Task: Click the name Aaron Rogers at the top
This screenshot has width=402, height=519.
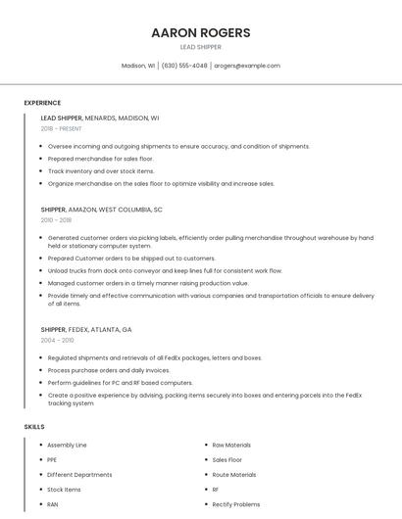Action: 200,32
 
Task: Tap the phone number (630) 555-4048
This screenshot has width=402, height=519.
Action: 184,66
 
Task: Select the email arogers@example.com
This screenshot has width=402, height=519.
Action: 247,66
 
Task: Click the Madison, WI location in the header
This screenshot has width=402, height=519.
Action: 138,66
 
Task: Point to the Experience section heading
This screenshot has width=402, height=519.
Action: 42,103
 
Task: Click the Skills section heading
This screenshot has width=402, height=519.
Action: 34,427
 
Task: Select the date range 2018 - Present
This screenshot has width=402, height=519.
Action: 62,128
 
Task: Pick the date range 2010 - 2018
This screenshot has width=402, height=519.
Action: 56,220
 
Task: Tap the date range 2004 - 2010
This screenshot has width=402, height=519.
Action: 57,340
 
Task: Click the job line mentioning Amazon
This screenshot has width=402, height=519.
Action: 102,210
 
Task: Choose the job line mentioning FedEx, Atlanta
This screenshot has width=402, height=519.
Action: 86,330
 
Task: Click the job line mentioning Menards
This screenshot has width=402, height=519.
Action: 100,118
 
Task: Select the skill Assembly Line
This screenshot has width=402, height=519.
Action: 67,445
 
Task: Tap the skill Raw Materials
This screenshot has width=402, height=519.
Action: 231,445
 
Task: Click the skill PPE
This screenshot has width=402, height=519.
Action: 53,459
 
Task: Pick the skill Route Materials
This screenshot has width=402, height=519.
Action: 234,474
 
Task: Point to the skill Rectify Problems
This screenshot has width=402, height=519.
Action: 236,504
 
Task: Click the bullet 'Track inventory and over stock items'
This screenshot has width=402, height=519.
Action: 101,170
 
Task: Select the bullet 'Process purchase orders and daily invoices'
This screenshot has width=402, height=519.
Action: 109,370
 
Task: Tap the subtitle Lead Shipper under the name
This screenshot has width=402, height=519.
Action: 200,47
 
